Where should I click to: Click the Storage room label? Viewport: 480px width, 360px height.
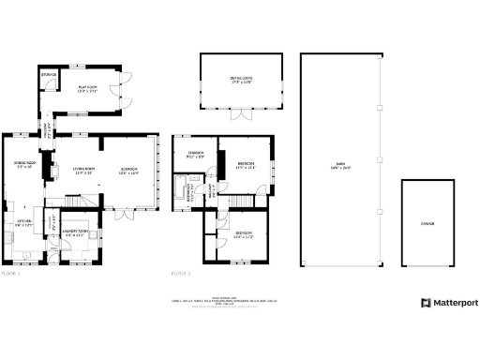(x=49, y=74)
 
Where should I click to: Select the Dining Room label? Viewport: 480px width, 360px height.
(x=23, y=166)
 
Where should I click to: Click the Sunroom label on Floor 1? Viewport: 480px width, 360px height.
(x=128, y=171)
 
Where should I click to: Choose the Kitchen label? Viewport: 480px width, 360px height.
(x=22, y=222)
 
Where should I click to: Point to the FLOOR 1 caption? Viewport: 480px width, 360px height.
(x=10, y=274)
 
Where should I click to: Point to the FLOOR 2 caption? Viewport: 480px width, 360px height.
(x=181, y=274)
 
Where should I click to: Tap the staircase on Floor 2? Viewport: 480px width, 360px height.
(x=246, y=202)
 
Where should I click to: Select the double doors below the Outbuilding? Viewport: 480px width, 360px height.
(x=241, y=116)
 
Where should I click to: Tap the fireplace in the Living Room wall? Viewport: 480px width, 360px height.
(x=54, y=171)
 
